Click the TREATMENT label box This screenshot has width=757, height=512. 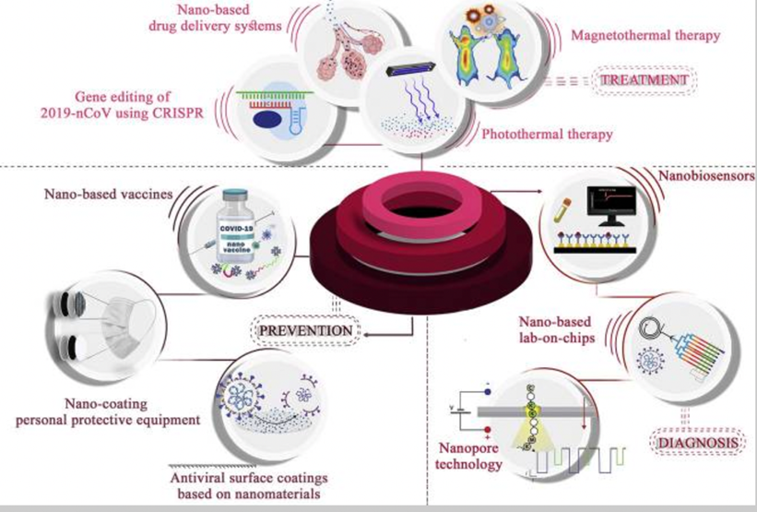pos(645,81)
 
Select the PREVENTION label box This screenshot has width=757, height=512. pos(303,329)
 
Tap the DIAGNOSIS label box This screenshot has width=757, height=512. pos(699,445)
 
